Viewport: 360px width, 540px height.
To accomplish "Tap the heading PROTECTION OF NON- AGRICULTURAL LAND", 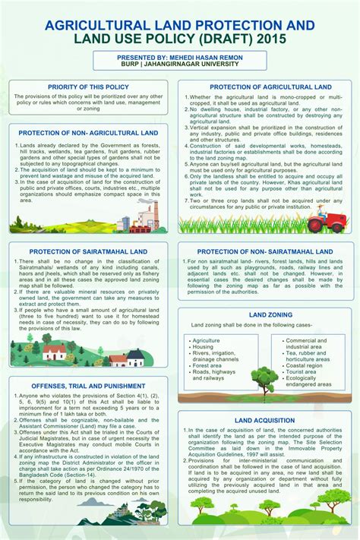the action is pyautogui.click(x=88, y=133).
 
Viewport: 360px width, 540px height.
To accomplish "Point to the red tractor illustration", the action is pyautogui.click(x=322, y=221).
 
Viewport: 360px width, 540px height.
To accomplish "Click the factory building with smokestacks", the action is pyautogui.click(x=144, y=214).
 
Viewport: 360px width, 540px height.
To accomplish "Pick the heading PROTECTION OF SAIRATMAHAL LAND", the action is pyautogui.click(x=88, y=251).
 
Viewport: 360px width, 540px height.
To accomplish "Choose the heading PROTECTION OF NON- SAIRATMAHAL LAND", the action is pyautogui.click(x=265, y=251).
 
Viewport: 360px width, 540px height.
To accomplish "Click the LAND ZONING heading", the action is pyautogui.click(x=265, y=314).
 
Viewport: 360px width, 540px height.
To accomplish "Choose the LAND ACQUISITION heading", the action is pyautogui.click(x=265, y=421).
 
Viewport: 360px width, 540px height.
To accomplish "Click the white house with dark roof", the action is pyautogui.click(x=136, y=357).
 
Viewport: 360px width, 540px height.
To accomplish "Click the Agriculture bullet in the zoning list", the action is pyautogui.click(x=208, y=341).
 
